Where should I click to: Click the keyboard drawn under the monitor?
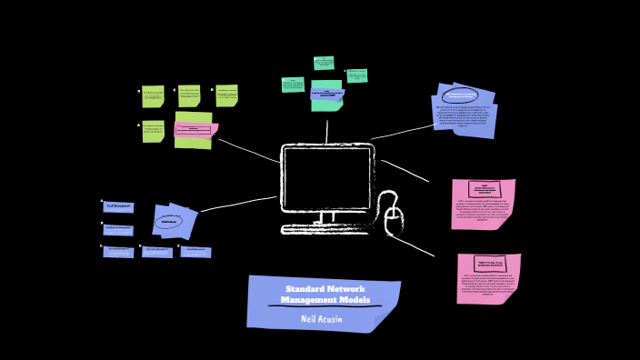point(325,229)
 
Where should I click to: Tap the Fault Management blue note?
point(118,206)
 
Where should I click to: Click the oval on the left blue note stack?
point(169,222)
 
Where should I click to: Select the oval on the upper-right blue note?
point(461,95)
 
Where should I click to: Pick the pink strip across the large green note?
point(195,130)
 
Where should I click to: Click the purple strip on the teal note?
point(327,93)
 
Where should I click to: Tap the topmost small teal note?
point(324,63)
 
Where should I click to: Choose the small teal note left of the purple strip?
point(293,85)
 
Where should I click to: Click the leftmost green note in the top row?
point(153,96)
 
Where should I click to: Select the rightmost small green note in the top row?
point(226,95)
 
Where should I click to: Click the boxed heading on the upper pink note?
point(485,189)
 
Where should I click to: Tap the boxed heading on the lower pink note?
point(490,264)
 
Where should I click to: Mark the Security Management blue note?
point(195,252)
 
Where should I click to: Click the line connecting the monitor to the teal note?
point(327,130)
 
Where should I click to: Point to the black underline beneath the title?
point(325,306)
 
